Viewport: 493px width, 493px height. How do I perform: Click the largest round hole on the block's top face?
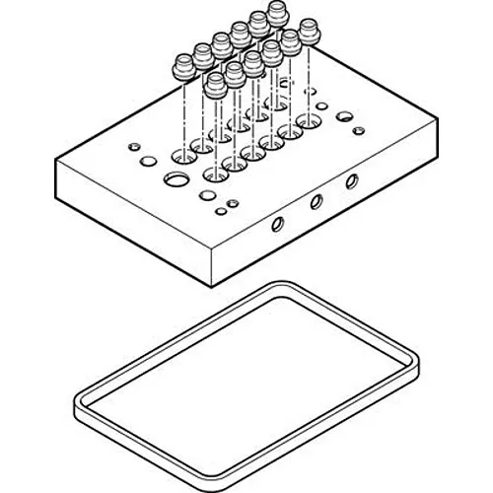pyautogui.click(x=176, y=178)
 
